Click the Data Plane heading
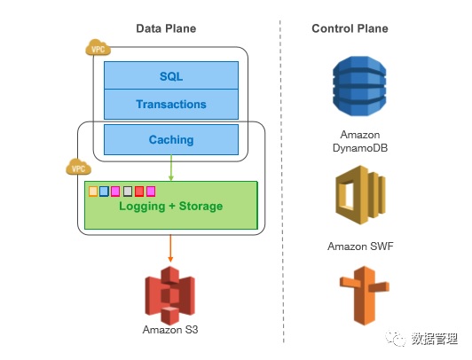(166, 28)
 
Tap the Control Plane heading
(350, 28)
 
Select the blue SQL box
(171, 75)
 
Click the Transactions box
(171, 105)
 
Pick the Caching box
(171, 140)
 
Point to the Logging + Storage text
(171, 207)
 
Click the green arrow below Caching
(171, 168)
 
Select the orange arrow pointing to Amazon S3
(170, 248)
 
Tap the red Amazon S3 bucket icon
(170, 294)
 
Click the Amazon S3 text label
(170, 330)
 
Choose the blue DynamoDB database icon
(359, 86)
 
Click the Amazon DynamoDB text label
(360, 141)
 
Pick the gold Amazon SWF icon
(360, 195)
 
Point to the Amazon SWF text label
(360, 247)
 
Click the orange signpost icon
(365, 295)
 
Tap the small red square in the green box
(139, 192)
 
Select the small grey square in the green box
(128, 192)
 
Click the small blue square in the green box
(104, 192)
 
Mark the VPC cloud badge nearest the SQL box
(98, 48)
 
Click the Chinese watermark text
(435, 339)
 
